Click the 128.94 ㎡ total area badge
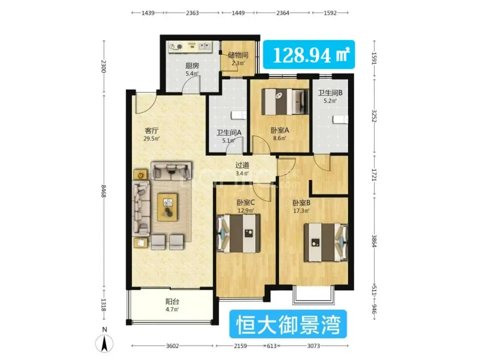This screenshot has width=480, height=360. pos(309,55)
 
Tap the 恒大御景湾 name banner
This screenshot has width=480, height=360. pos(288,324)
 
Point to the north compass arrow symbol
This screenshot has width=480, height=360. pos(104,343)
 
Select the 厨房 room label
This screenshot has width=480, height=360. pos(192,65)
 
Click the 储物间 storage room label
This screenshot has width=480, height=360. pos(238,55)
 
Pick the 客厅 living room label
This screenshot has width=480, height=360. pos(152,131)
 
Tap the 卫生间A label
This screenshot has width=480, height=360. pos(229,132)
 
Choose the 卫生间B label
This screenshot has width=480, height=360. pos(330,92)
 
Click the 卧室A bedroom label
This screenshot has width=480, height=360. pos(280,130)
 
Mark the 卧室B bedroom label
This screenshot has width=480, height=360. pos(301,203)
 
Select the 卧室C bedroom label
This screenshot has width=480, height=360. pos(245,202)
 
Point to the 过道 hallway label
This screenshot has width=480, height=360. pos(242,165)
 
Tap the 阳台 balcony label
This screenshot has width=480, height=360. pos(172,301)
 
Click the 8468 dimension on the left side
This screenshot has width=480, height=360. pos(104,191)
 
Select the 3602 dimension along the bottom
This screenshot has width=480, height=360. pos(172,346)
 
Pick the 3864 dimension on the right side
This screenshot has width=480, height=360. pos(374,241)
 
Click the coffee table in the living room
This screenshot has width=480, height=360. pos(167,207)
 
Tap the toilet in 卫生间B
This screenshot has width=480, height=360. pos(340,119)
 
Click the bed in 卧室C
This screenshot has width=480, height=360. pos(239,233)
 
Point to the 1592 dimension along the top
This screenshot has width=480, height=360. pos(330,13)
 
